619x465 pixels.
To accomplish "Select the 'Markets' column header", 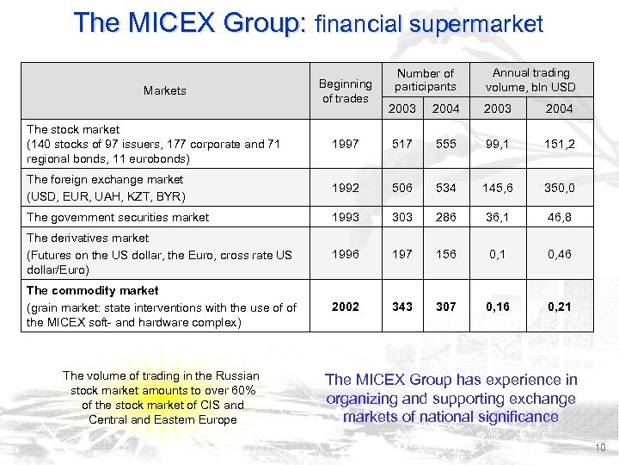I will [x=165, y=90].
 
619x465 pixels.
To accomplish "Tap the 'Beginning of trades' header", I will [x=346, y=90].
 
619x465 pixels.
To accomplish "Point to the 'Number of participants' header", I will [x=425, y=80].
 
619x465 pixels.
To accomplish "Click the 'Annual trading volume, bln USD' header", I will [x=531, y=80].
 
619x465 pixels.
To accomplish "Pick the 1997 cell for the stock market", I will [x=346, y=144].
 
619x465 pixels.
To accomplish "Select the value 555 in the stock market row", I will [x=445, y=144].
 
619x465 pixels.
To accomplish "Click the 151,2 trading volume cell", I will [x=559, y=144].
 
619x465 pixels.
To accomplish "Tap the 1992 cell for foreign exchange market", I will [x=346, y=188].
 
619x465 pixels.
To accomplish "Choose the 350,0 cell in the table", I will [x=559, y=188].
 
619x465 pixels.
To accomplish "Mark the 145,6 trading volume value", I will [x=498, y=188].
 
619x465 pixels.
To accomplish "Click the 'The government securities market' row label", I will [x=118, y=217].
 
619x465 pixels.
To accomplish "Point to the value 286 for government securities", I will [x=445, y=217].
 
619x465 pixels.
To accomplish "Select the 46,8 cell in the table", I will [x=559, y=217].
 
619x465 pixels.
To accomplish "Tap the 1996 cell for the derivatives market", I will [x=346, y=254].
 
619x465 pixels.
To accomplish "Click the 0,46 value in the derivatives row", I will [x=559, y=254].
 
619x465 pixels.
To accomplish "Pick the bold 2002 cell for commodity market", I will [x=346, y=307].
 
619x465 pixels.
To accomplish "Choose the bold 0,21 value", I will [x=559, y=307].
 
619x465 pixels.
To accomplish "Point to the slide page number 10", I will [x=599, y=448].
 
